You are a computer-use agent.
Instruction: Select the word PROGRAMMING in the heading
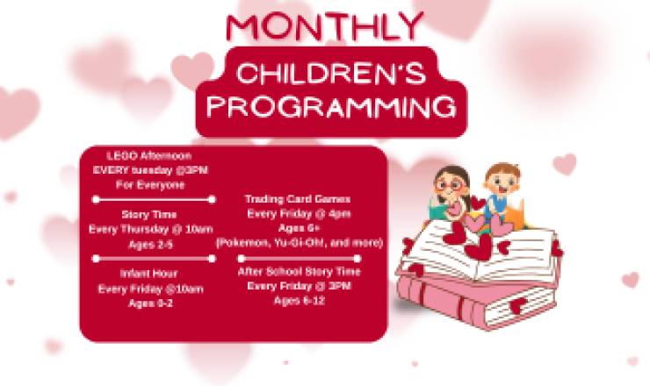328,108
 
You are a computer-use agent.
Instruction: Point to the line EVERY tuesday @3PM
151,170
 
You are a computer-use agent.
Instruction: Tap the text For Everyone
150,185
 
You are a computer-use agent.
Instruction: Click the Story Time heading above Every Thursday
149,214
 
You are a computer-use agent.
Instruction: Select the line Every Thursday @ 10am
151,229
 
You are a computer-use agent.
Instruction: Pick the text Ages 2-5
150,244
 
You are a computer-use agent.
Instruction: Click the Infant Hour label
150,273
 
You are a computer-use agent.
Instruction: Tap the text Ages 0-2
150,303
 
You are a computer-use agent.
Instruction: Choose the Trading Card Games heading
298,199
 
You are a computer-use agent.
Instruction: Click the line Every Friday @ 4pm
299,213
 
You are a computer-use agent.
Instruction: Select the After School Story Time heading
299,271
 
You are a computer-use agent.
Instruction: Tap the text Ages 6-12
299,300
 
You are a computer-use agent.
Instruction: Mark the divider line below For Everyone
154,199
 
